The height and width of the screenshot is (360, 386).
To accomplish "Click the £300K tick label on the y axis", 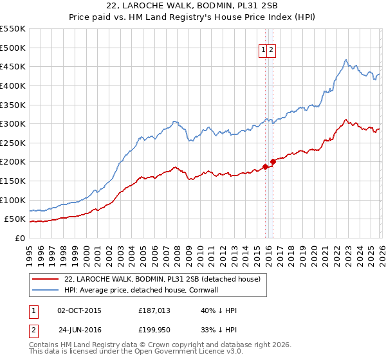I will click(x=13, y=123).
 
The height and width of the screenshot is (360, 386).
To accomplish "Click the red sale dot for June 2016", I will click(x=273, y=161).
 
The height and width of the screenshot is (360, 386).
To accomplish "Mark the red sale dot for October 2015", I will click(x=265, y=166).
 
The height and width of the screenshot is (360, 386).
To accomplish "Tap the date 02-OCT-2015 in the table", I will click(x=79, y=310).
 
